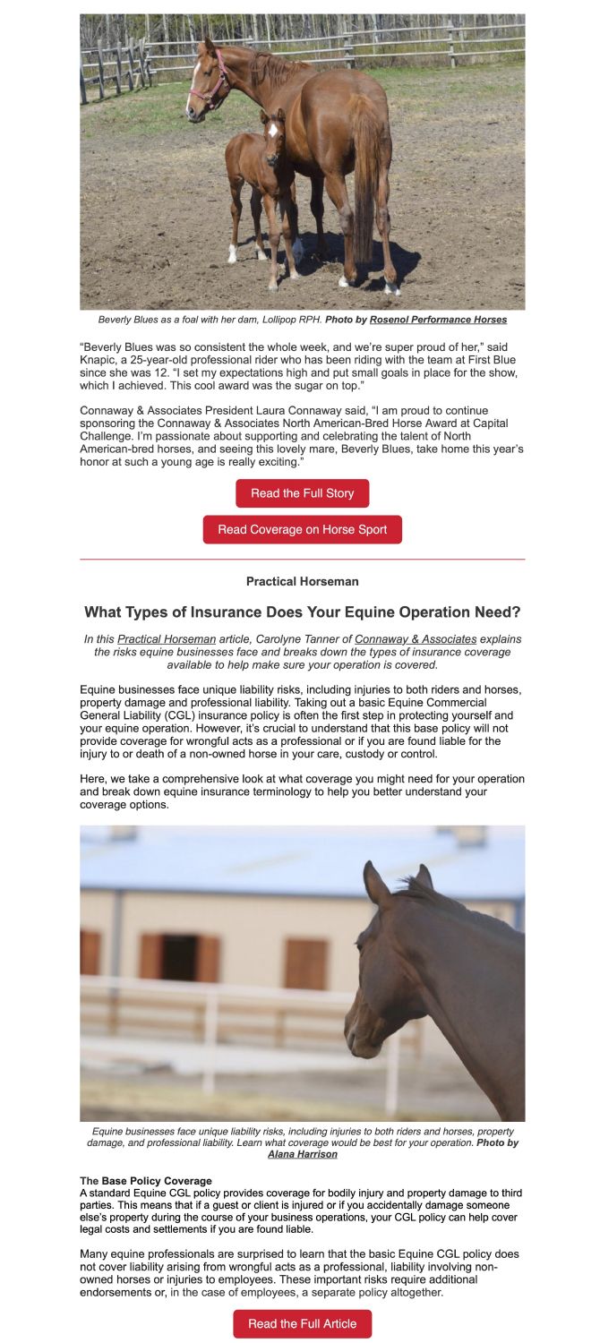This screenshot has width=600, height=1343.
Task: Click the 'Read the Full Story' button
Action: coord(302,493)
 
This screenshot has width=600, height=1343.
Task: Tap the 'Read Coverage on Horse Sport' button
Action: coord(302,529)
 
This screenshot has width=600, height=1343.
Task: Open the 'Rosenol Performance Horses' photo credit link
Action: coord(438,320)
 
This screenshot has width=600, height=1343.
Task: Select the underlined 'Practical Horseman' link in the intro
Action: coord(167,639)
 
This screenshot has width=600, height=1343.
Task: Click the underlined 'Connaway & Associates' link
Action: coord(416,639)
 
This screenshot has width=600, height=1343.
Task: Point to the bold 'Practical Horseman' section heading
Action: coord(302,582)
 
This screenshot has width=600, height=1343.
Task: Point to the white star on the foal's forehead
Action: coord(272,130)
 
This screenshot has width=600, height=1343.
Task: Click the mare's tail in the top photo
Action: coord(366,179)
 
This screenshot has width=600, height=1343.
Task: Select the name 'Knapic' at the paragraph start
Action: coord(99,359)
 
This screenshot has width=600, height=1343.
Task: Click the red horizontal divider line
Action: coord(302,560)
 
